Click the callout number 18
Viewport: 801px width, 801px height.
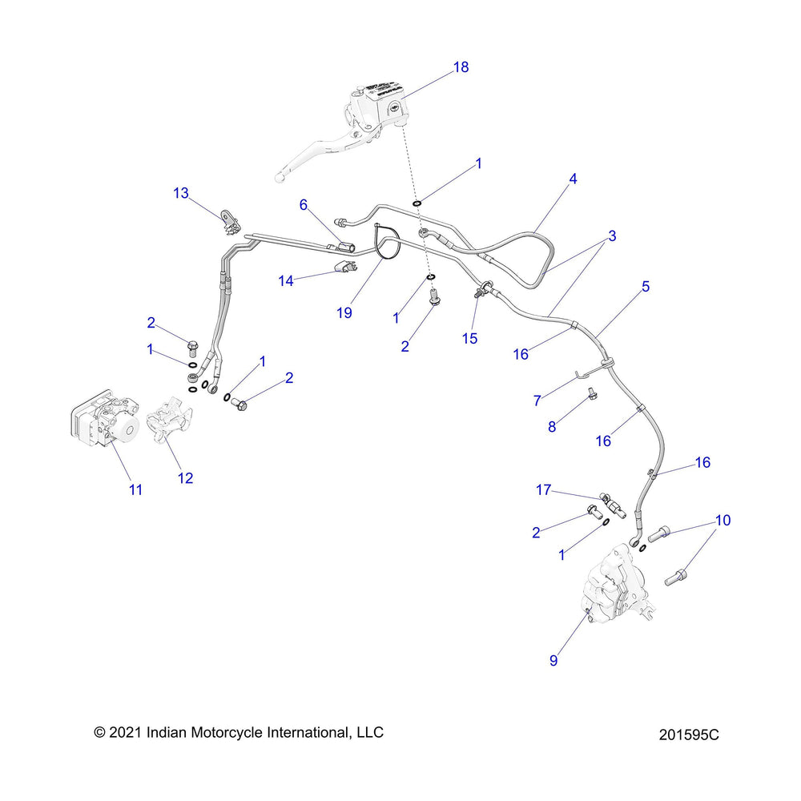461,67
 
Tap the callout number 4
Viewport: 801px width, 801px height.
573,179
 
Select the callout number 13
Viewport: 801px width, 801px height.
181,193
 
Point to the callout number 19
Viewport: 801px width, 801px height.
344,313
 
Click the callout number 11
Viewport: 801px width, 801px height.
136,489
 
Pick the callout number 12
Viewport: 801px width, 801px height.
185,478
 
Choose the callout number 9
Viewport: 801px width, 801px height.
553,661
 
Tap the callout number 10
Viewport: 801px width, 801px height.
723,521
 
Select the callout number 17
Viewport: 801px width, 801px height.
544,489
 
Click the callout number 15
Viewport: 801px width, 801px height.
469,339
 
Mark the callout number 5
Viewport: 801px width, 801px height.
646,285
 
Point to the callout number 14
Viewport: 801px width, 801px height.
286,280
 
